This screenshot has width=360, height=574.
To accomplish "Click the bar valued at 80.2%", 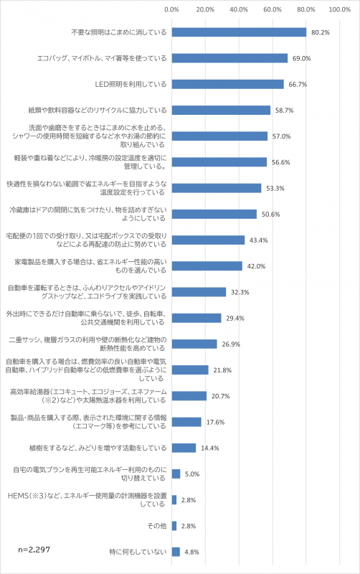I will click(x=239, y=32).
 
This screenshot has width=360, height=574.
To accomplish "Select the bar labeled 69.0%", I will click(x=229, y=58).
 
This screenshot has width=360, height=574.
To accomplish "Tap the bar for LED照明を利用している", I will click(x=227, y=84).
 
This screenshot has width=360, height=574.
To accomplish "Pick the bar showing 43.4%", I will click(x=208, y=240).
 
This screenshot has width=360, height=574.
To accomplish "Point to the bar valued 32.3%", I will click(x=199, y=292).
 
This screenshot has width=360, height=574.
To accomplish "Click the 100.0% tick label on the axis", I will click(x=339, y=9).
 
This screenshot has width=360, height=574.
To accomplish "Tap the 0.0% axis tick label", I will click(x=172, y=9).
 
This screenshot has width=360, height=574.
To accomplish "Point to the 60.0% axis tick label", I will click(x=273, y=9).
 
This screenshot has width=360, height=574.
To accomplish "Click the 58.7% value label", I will click(x=285, y=110).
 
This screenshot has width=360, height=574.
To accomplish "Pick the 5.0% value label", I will click(x=192, y=474).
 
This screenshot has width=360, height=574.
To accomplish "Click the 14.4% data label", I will click(x=209, y=448).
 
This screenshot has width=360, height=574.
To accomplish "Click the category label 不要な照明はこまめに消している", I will click(x=119, y=32).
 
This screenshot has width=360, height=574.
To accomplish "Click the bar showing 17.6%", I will click(x=186, y=422).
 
